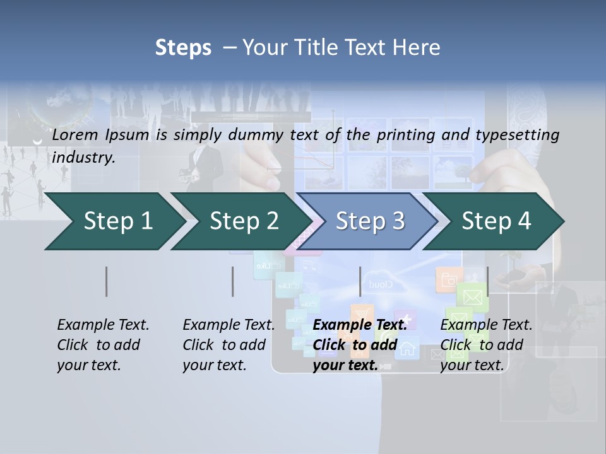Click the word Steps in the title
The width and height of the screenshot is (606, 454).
[x=183, y=48]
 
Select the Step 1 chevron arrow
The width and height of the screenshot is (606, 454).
[x=114, y=221]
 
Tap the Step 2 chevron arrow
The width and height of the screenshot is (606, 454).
[x=244, y=221]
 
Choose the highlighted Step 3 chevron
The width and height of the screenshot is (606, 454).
[x=369, y=221]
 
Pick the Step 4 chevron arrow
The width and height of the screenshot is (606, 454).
[x=496, y=221]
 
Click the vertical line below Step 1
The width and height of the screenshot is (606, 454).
[x=107, y=281]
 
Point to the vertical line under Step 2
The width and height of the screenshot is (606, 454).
[x=232, y=281]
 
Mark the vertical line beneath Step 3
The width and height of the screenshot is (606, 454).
[x=360, y=281]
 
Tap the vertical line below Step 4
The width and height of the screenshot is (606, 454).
[x=487, y=281]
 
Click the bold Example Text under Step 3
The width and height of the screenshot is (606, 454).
[x=360, y=325]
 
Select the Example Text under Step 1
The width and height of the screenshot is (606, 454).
[x=103, y=325]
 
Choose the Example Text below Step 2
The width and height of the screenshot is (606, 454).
[x=229, y=325]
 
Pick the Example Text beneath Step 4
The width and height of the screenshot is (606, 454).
[x=486, y=325]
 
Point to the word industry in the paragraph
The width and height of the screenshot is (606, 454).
[x=83, y=158]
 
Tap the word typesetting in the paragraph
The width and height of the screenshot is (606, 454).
[x=517, y=134]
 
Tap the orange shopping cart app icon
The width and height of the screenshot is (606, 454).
[x=361, y=313]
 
